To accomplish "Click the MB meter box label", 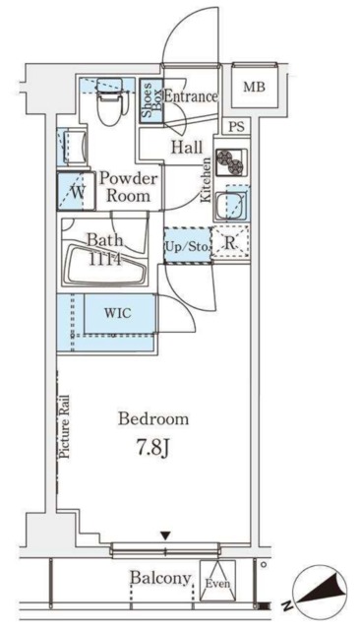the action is tap(255, 87).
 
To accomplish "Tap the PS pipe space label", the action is tap(236, 127).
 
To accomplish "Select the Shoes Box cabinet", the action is tap(151, 100).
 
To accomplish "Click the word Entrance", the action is tap(191, 96).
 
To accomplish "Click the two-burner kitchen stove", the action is tap(231, 161).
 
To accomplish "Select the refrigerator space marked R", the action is tap(230, 244).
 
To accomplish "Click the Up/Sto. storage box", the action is tap(188, 246).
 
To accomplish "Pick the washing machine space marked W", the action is tap(77, 191).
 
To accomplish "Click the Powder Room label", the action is tap(129, 187).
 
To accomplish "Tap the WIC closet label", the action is tap(118, 313).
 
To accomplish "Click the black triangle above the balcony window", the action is tap(165, 535).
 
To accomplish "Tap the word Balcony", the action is tap(160, 579).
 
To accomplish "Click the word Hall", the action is tap(187, 147).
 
